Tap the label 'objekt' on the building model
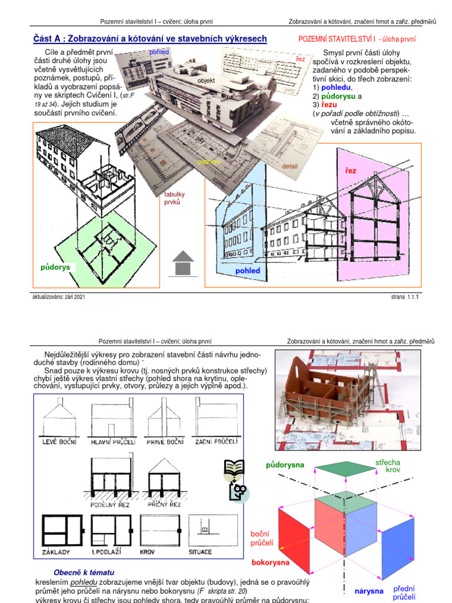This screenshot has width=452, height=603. (x=206, y=80)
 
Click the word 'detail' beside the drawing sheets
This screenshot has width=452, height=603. (x=290, y=167)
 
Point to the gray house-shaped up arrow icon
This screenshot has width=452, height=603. (x=183, y=263)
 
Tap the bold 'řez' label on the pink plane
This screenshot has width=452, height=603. (x=351, y=170)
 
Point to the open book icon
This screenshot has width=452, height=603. (x=234, y=469)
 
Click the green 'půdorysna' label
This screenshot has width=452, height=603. (x=285, y=465)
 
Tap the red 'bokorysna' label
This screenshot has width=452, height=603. (x=271, y=562)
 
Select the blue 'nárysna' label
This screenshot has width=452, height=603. (x=369, y=591)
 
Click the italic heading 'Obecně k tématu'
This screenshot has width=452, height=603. (x=84, y=572)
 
